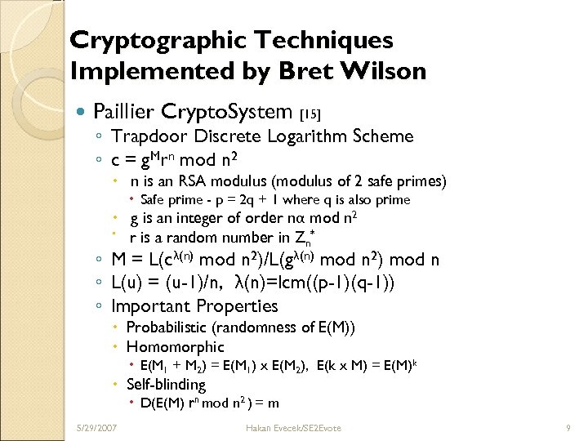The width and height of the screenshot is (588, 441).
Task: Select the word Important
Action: pos(151,306)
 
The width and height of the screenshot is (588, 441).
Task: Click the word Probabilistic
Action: pos(167,327)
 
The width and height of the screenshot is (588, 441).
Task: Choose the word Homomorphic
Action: pos(175,346)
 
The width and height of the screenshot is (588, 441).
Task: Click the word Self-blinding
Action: pos(166,384)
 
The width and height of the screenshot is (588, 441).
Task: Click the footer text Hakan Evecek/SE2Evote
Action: pos(293,428)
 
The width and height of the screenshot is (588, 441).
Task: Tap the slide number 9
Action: pos(567,428)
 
